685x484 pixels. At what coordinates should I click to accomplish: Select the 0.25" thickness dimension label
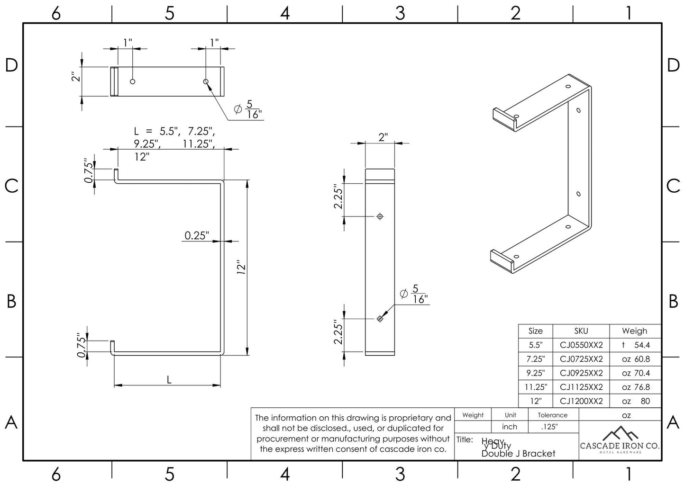(196, 235)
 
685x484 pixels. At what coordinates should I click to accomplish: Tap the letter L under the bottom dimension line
(169, 380)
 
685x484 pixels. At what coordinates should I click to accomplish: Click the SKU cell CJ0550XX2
(581, 345)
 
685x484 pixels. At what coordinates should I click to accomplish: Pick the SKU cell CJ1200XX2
(581, 401)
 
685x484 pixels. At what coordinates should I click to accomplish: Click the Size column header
(535, 331)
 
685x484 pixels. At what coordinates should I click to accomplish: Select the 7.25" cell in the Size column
(535, 359)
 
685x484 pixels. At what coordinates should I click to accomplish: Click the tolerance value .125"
(549, 427)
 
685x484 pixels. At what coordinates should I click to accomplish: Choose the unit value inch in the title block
(510, 427)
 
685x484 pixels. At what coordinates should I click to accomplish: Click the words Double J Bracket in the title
(518, 454)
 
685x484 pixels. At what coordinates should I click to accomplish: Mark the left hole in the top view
(133, 81)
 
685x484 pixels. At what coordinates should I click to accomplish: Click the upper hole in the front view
(380, 216)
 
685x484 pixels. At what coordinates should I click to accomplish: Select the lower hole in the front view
(380, 319)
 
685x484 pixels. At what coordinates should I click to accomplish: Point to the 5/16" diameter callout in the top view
(248, 110)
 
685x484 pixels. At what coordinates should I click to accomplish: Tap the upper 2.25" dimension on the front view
(338, 197)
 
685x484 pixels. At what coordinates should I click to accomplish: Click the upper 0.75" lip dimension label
(88, 170)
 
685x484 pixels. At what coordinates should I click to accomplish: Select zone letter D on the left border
(11, 65)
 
